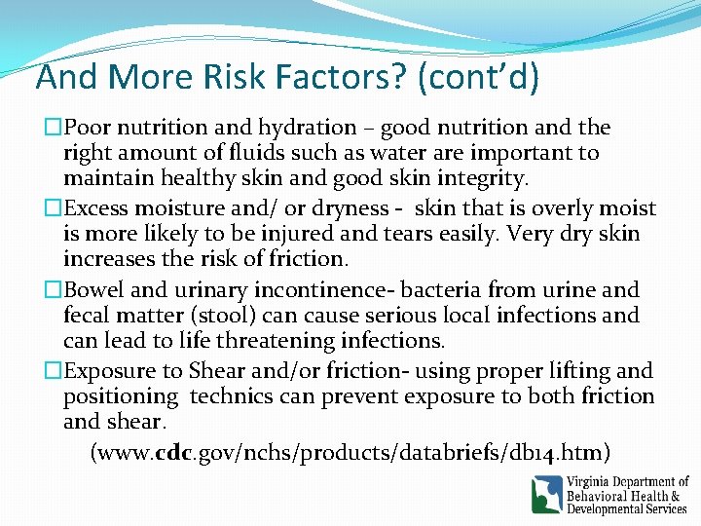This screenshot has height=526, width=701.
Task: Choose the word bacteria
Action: pyautogui.click(x=441, y=290)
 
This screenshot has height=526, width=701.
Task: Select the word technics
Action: pyautogui.click(x=236, y=396)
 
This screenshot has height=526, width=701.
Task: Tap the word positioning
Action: pyautogui.click(x=121, y=396)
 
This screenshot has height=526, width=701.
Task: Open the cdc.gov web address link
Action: pyautogui.click(x=350, y=452)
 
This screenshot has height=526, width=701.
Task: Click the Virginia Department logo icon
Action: pyautogui.click(x=547, y=494)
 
